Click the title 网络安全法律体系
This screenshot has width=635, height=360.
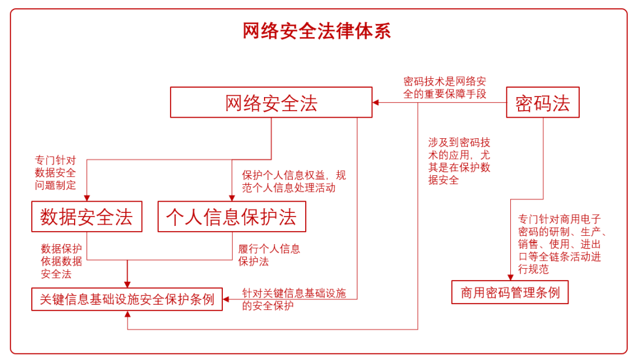click(x=317, y=31)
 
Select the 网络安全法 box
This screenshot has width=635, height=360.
click(x=271, y=103)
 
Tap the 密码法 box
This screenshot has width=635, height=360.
click(x=543, y=103)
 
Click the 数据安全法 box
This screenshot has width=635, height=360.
click(x=86, y=216)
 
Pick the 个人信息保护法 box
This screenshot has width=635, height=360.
click(x=232, y=216)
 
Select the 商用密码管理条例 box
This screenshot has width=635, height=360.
click(x=510, y=292)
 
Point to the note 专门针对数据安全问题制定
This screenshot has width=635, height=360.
click(x=55, y=172)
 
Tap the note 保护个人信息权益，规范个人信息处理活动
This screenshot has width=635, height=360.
click(x=294, y=181)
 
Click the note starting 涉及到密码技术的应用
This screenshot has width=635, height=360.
click(x=459, y=161)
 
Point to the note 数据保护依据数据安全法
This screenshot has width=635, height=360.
click(x=61, y=261)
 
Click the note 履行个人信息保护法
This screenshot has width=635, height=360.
click(x=269, y=255)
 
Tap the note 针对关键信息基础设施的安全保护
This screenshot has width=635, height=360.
click(x=294, y=299)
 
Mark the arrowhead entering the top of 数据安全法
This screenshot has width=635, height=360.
click(x=86, y=198)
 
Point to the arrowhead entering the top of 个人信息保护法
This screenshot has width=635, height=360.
click(x=232, y=198)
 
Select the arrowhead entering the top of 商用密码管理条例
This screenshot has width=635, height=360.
click(x=510, y=277)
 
